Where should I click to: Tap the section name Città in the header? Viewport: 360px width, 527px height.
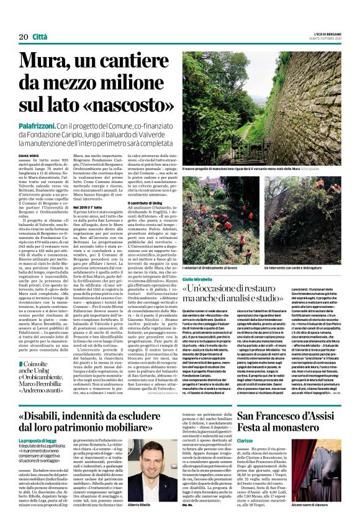(x=40, y=37)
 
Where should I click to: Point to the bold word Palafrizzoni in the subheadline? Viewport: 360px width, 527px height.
(x=38, y=125)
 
